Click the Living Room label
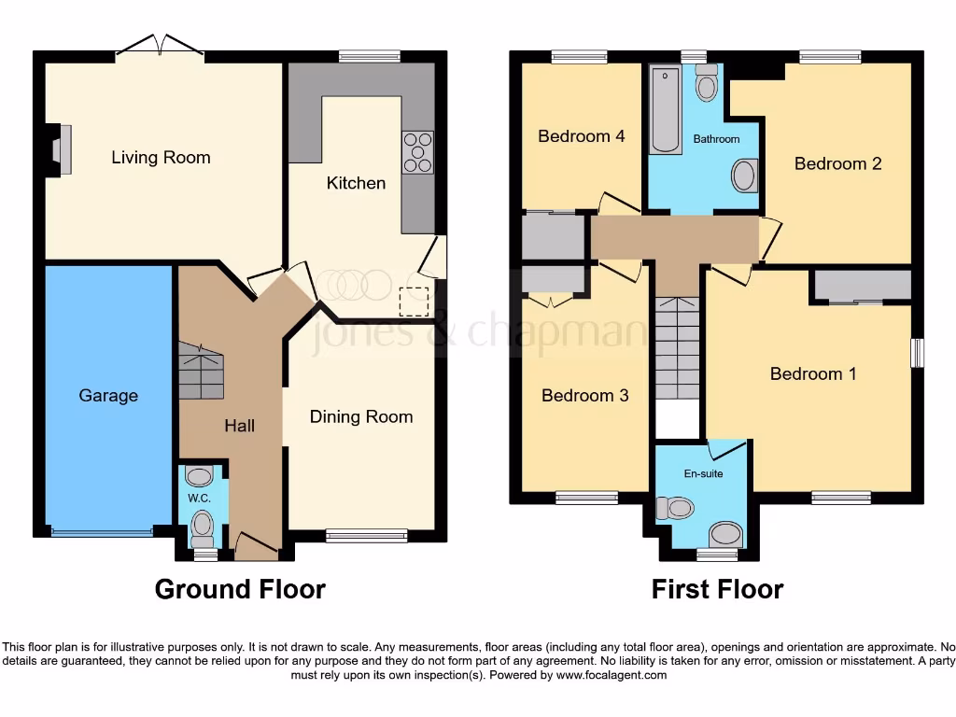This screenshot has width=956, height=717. (x=161, y=157)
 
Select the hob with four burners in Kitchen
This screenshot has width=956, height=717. (x=417, y=152)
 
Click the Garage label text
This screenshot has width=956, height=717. (x=108, y=396)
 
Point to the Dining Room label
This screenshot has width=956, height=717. (x=361, y=416)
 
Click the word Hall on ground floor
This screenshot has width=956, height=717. (x=239, y=426)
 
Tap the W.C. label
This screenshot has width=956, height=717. (x=200, y=498)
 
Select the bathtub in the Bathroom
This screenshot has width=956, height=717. (x=666, y=109)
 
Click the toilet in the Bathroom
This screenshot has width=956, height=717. (x=707, y=84)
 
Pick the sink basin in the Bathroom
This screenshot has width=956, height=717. (x=744, y=176)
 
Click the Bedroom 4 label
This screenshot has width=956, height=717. (x=581, y=136)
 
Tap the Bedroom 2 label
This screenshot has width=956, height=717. (x=837, y=163)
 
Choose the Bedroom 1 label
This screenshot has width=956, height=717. (x=812, y=373)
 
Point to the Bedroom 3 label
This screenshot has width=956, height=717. (x=585, y=395)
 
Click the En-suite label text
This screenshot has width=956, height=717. (x=703, y=473)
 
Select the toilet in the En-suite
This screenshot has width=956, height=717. (x=676, y=508)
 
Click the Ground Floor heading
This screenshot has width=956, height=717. (x=240, y=589)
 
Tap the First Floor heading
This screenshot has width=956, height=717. (x=717, y=589)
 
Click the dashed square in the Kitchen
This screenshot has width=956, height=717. (x=414, y=302)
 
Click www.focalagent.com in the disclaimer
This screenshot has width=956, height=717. (x=612, y=675)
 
